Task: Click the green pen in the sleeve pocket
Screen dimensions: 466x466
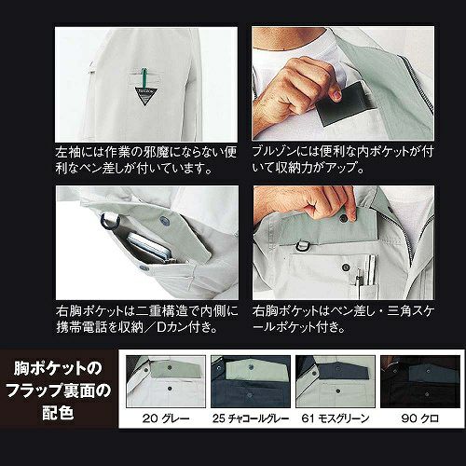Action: pyautogui.click(x=144, y=80)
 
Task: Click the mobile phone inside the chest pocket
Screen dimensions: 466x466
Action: pyautogui.click(x=150, y=248)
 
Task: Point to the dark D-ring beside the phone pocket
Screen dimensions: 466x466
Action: pyautogui.click(x=109, y=221)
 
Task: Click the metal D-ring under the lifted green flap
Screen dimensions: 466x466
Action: pyautogui.click(x=301, y=245)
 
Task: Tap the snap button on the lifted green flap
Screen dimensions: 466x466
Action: pyautogui.click(x=343, y=218)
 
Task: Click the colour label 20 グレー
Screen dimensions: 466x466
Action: pyautogui.click(x=166, y=418)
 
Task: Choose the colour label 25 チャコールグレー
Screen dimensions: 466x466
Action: pyautogui.click(x=251, y=418)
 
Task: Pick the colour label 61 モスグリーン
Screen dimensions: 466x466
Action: pyautogui.click(x=336, y=418)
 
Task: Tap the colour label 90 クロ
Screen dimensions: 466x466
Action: pyautogui.click(x=420, y=418)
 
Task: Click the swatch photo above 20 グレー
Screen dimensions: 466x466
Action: pyautogui.click(x=166, y=381)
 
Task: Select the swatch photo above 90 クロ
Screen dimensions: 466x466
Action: pyautogui.click(x=420, y=381)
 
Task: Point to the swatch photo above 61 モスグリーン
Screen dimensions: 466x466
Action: pyautogui.click(x=336, y=381)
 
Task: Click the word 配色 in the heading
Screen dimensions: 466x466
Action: pyautogui.click(x=58, y=413)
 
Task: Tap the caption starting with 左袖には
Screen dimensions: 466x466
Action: pyautogui.click(x=146, y=160)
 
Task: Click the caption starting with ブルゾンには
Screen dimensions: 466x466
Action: pyautogui.click(x=343, y=159)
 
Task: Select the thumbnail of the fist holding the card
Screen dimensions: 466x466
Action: pyautogui.click(x=343, y=83)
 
